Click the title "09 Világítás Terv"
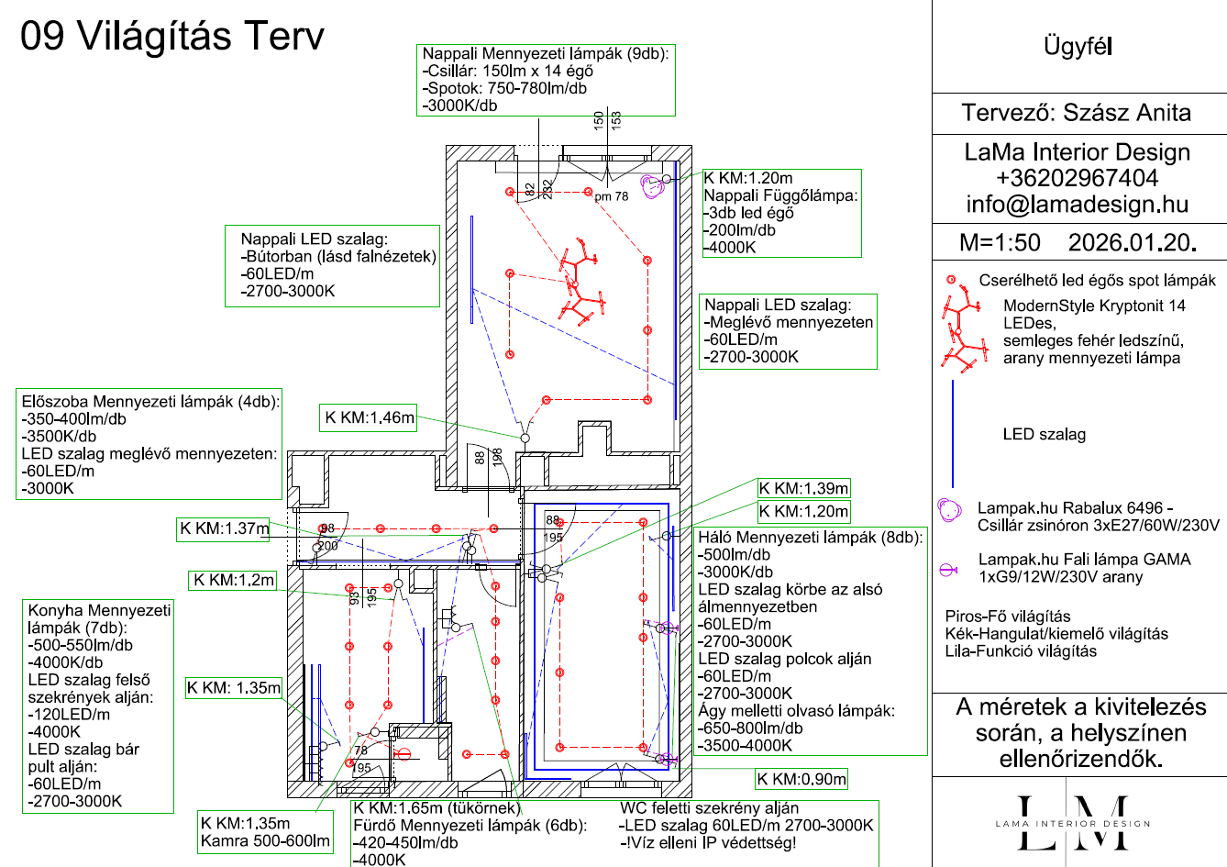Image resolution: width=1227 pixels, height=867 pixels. click(172, 36)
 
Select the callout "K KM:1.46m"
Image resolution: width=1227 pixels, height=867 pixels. click(369, 417)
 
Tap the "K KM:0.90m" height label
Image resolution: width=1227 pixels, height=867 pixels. click(801, 779)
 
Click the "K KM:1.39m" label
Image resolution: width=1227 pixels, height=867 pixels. click(803, 488)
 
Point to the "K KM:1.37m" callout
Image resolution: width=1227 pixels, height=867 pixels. click(224, 528)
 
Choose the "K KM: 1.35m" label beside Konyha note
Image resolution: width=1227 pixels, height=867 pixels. click(233, 687)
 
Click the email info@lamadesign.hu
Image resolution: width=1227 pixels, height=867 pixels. click(1077, 204)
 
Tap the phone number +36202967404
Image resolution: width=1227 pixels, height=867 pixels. click(1077, 178)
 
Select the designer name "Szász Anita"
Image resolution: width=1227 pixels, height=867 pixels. click(1127, 113)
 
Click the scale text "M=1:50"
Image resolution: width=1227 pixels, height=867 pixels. click(1000, 242)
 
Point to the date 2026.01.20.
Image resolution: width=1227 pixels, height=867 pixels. click(1133, 242)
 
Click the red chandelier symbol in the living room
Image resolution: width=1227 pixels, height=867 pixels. click(580, 283)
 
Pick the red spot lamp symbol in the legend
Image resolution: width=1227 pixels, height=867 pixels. click(951, 280)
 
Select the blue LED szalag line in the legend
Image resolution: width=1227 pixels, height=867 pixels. click(953, 433)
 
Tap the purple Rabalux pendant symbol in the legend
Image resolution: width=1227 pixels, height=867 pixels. click(949, 510)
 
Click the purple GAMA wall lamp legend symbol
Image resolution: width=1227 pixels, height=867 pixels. click(947, 571)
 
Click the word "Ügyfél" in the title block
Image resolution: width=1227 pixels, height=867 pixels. click(1078, 46)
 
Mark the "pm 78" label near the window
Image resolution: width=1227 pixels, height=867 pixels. click(612, 196)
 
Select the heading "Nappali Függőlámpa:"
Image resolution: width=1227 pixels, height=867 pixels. click(780, 195)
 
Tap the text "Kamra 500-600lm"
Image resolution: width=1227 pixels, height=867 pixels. click(265, 840)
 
